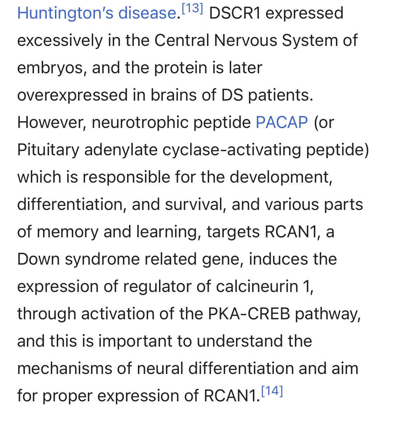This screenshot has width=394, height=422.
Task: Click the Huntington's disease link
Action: tap(97, 13)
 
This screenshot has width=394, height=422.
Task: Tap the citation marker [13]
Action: tap(192, 9)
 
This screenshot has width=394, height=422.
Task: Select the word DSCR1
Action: tap(235, 13)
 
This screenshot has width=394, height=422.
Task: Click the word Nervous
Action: tap(246, 40)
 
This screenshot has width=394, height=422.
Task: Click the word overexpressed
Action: tap(72, 95)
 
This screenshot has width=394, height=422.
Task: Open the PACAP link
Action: tap(282, 122)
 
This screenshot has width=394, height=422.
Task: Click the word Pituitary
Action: tap(48, 150)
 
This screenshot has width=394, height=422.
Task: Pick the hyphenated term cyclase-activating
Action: tap(232, 150)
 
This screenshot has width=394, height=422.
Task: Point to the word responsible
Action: tap(126, 177)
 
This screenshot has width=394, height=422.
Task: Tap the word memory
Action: tap(68, 232)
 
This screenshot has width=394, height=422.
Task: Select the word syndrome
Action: tap(102, 259)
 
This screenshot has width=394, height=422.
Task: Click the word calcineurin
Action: tap(257, 286)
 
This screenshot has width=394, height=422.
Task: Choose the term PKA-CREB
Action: tap(249, 314)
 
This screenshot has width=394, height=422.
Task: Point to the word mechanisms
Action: tap(65, 368)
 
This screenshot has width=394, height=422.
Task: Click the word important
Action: tap(135, 341)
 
